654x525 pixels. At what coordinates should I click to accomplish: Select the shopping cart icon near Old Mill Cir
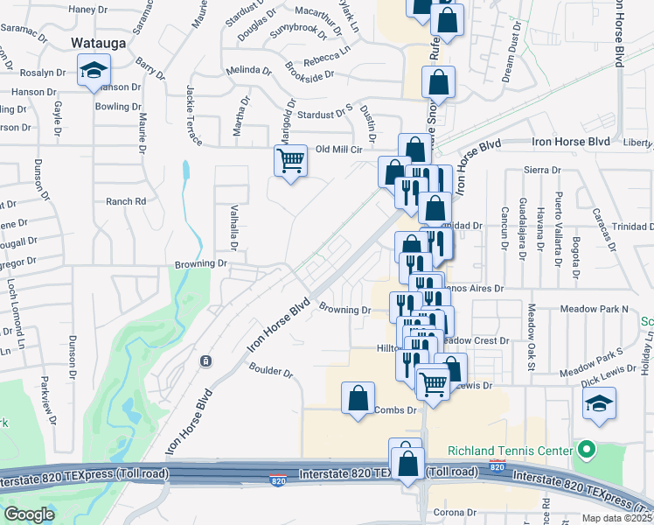[x=290, y=161]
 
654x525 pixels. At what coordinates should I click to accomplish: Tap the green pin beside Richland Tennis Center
[x=587, y=451]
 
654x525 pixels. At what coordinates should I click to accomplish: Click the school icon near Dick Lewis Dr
[x=598, y=404]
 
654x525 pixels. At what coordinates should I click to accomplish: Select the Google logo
[x=29, y=514]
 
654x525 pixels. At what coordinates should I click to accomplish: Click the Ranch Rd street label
[x=126, y=201]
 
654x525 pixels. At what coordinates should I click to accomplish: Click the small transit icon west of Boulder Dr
[x=205, y=360]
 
